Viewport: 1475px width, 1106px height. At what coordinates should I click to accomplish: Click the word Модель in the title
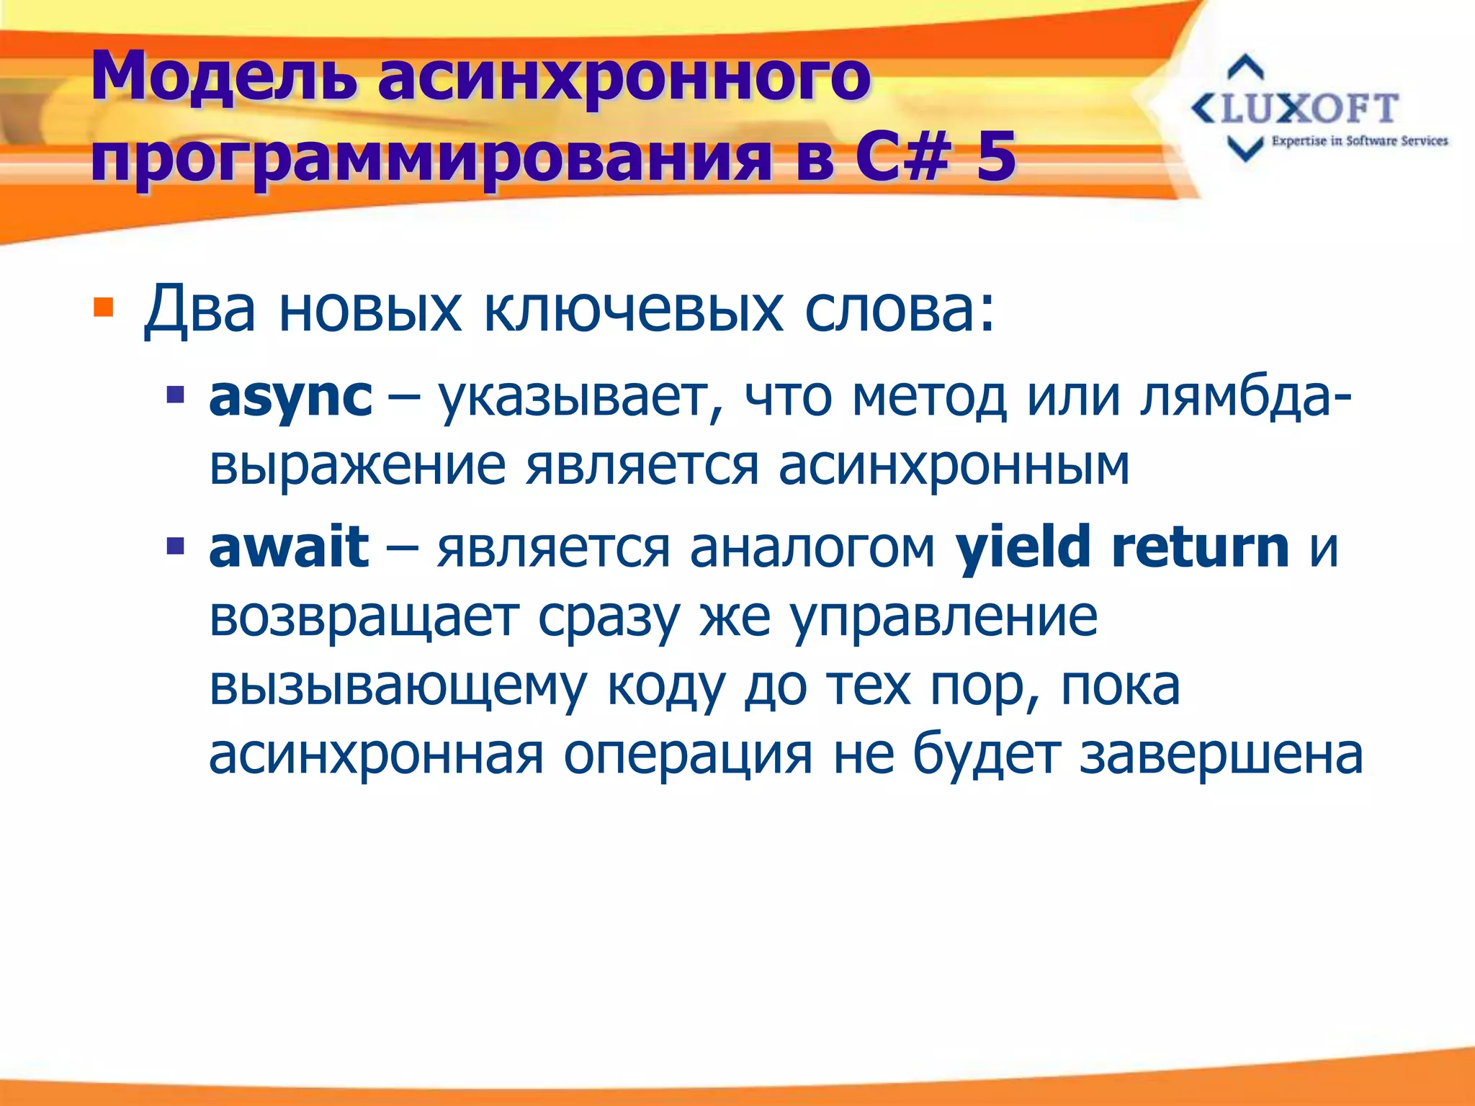(223, 78)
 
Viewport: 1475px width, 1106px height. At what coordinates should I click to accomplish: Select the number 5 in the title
(995, 156)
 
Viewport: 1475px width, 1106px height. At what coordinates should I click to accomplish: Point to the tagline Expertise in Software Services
(1359, 141)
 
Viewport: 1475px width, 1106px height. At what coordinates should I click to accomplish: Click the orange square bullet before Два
(104, 308)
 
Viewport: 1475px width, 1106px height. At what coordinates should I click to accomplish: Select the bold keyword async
(290, 397)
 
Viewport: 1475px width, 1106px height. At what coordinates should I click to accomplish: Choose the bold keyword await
(289, 547)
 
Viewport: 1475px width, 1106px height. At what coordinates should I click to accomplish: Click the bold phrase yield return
(1121, 547)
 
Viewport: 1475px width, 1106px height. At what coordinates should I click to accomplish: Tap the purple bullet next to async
(175, 395)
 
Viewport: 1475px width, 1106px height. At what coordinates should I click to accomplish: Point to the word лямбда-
(1246, 397)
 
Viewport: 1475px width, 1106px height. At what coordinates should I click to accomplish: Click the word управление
(943, 618)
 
